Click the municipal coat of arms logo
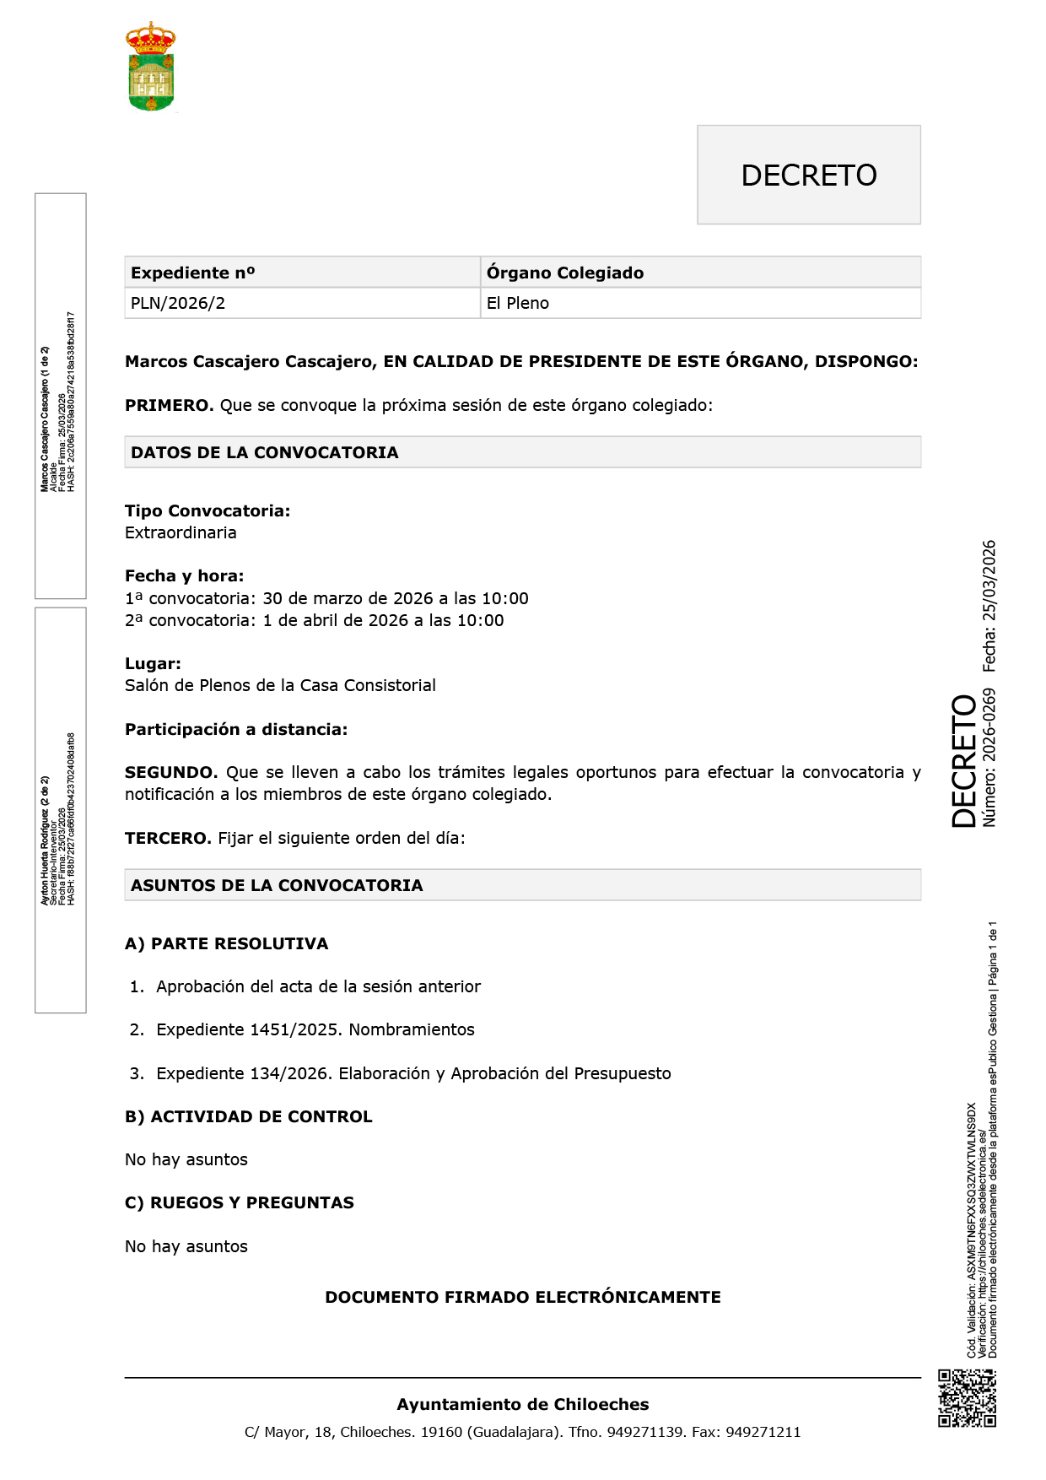click(x=151, y=67)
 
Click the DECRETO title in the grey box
click(x=808, y=176)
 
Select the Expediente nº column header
click(x=192, y=273)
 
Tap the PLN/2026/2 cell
click(x=178, y=303)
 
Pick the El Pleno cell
click(x=518, y=303)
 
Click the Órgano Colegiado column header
click(x=565, y=273)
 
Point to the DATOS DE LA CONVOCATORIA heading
click(x=265, y=452)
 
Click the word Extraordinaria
click(x=181, y=532)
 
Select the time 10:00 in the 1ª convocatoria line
click(x=504, y=598)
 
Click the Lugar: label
click(x=153, y=664)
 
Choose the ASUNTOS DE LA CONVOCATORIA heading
click(x=277, y=885)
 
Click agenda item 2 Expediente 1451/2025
click(x=315, y=1029)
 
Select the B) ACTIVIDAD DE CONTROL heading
click(x=248, y=1116)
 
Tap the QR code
click(x=967, y=1398)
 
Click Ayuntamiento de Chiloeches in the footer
click(x=522, y=1404)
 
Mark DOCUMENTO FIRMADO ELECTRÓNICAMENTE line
click(x=522, y=1297)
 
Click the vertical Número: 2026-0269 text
click(x=989, y=757)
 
